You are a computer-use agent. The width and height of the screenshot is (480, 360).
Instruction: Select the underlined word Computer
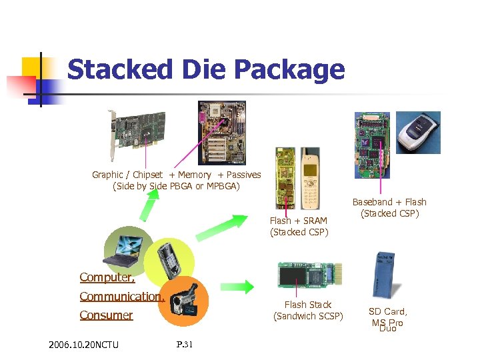tap(107, 277)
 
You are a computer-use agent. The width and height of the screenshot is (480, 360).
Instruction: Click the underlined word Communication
tap(121, 297)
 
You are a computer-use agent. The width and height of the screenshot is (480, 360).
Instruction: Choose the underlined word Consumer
tap(106, 315)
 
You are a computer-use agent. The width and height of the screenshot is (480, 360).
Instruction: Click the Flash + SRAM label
tap(298, 221)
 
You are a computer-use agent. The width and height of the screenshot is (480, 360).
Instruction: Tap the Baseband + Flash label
tap(389, 202)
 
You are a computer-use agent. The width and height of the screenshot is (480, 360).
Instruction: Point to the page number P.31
tap(185, 344)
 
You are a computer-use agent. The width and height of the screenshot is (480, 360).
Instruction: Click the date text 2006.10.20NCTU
tap(83, 345)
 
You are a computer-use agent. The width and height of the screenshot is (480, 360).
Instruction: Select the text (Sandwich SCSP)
tap(308, 316)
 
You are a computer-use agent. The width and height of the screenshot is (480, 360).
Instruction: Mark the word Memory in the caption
tap(195, 175)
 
